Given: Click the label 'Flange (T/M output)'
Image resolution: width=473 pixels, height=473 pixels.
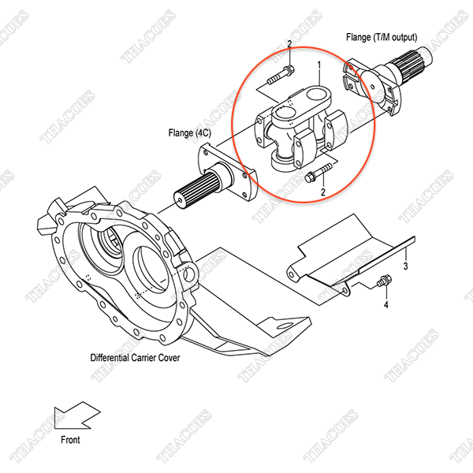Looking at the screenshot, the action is point(381,37).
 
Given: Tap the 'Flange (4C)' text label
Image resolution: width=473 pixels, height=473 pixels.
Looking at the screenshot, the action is point(189,133).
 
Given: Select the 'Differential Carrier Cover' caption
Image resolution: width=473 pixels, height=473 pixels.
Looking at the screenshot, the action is point(135,357).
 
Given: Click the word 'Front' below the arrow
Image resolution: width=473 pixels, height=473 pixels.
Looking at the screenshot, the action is point(69,440).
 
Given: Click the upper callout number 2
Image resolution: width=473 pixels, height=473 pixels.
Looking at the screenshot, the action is point(289,44).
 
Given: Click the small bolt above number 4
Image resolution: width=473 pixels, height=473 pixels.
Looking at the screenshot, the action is point(385,280).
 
